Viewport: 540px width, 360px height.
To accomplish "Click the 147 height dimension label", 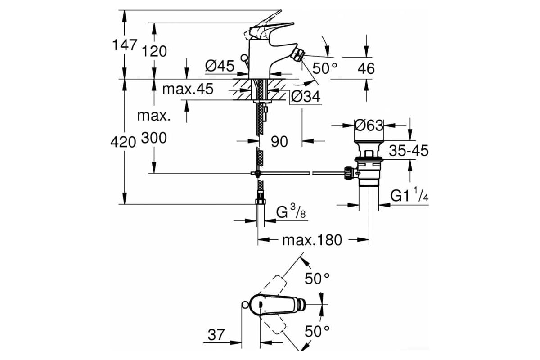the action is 125,45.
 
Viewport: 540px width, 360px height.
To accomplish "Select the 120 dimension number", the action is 154,51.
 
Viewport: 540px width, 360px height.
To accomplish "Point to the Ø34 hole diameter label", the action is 306,97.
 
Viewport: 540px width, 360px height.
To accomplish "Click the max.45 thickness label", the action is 188,89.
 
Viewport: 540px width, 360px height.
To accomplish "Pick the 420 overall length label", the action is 123,142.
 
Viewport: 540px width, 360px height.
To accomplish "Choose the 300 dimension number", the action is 154,138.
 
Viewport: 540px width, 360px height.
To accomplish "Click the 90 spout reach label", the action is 279,142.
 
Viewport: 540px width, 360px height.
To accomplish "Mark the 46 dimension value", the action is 366,68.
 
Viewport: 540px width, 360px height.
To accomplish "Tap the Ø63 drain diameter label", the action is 369,126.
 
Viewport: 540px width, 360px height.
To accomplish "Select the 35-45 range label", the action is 409,151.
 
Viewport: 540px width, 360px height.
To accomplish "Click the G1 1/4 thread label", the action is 409,194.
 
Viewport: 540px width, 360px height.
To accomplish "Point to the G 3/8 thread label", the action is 291,211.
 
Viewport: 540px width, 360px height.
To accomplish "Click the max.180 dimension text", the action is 312,240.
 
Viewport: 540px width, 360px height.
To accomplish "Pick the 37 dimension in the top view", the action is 216,335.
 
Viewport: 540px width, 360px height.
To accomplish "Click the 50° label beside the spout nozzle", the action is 325,68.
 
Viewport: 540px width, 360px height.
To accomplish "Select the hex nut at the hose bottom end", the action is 261,201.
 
